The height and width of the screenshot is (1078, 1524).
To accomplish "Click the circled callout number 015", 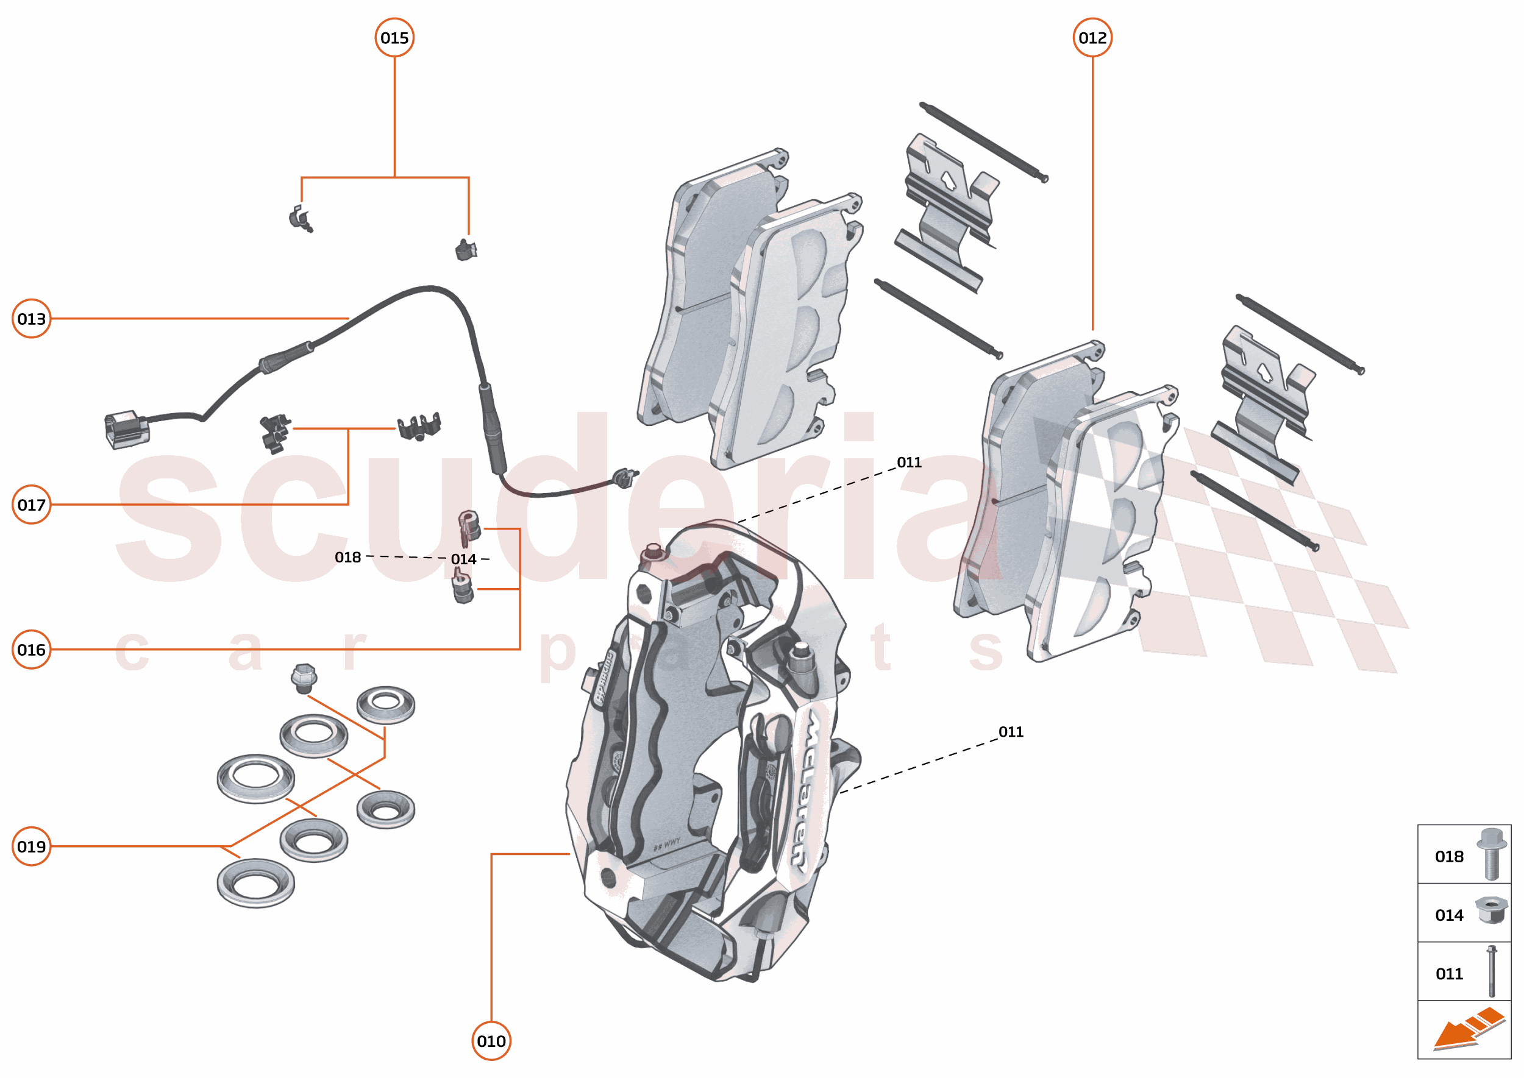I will [x=394, y=38].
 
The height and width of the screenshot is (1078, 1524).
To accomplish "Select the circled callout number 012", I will [x=1092, y=38].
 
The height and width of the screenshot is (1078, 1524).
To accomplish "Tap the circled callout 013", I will [x=31, y=319].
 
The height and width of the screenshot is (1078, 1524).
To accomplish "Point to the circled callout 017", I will [x=31, y=505].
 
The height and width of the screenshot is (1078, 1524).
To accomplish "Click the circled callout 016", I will [x=31, y=649].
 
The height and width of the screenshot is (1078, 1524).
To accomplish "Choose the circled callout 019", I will [x=31, y=846].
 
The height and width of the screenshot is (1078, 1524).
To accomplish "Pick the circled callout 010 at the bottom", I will [x=491, y=1041].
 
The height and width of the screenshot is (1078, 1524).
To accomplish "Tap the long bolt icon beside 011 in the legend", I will [x=1492, y=971].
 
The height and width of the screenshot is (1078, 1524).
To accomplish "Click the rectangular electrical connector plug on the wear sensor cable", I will [x=126, y=430].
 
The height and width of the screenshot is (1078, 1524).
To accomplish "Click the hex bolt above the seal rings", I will [x=304, y=678].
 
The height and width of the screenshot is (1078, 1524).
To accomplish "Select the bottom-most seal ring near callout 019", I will [x=255, y=883].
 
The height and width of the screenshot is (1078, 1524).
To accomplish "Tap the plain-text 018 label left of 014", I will [x=347, y=558].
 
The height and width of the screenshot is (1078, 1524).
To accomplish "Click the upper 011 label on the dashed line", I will [x=908, y=462].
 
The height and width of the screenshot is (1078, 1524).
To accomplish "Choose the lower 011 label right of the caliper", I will [x=1010, y=731].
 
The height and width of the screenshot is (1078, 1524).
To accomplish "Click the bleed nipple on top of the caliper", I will [x=653, y=552].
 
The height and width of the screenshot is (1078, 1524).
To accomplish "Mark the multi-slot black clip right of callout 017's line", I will [x=419, y=426].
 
